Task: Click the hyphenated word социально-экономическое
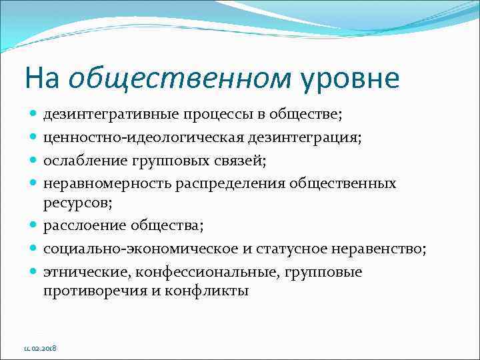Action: [128, 249]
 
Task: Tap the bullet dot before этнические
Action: [34, 273]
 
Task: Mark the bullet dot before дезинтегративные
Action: [34, 115]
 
